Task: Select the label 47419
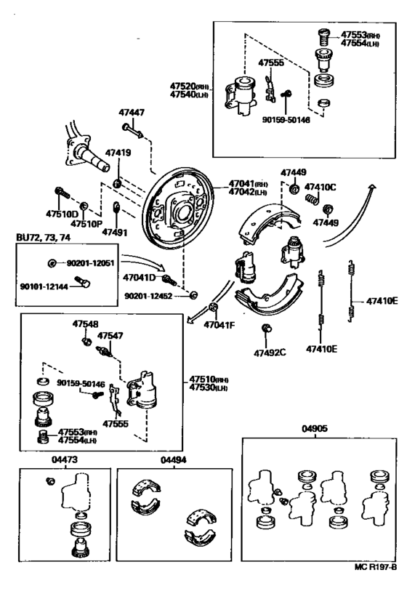click(x=118, y=153)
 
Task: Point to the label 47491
click(x=114, y=233)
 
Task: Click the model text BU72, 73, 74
click(x=43, y=238)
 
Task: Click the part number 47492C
click(x=270, y=353)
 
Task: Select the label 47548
click(x=85, y=324)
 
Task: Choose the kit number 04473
click(x=63, y=459)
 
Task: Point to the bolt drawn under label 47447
click(x=132, y=129)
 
